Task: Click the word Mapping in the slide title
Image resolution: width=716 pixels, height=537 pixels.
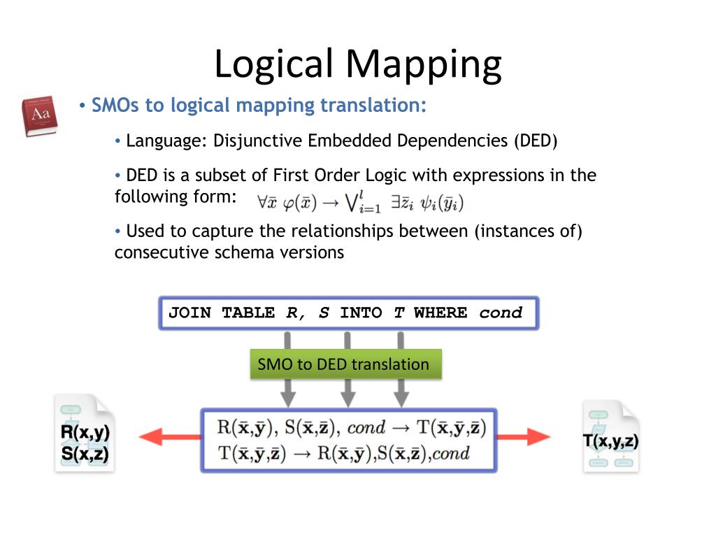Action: [x=423, y=64]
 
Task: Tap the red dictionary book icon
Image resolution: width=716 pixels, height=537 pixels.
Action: [x=39, y=116]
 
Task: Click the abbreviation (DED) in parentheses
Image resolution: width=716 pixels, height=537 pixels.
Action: [x=536, y=141]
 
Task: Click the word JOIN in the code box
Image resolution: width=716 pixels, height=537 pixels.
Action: [x=189, y=313]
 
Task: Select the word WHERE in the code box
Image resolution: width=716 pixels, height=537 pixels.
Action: [x=440, y=313]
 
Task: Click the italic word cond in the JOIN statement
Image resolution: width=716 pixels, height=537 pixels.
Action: [x=501, y=313]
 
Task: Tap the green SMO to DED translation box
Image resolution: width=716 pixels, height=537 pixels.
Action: [x=345, y=364]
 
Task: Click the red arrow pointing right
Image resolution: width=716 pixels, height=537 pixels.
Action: [x=524, y=438]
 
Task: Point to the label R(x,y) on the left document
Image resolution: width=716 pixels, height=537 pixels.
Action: [x=85, y=432]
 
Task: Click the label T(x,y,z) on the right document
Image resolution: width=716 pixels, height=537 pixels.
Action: [x=610, y=441]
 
